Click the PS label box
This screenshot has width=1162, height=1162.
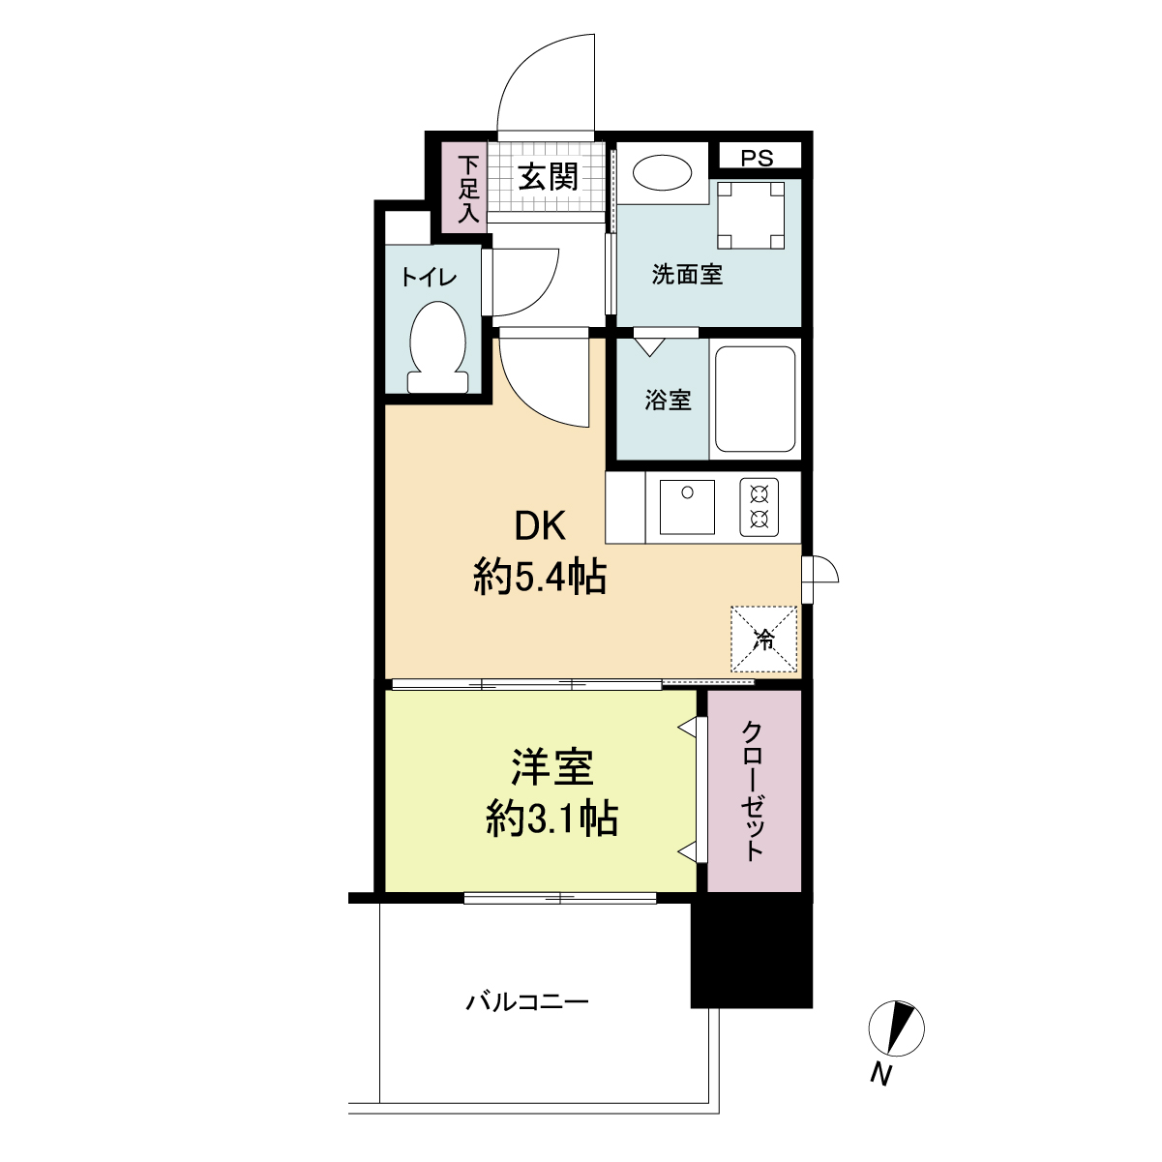click(759, 158)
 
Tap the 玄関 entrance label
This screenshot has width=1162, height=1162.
click(548, 177)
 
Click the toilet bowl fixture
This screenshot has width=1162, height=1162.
click(437, 347)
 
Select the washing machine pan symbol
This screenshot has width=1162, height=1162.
click(750, 216)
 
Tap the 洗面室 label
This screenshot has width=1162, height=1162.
click(687, 276)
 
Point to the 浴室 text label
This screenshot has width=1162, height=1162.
click(669, 400)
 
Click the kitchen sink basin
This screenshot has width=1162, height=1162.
click(687, 506)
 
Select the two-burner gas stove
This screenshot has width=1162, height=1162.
click(759, 507)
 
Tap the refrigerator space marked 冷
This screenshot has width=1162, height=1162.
click(764, 639)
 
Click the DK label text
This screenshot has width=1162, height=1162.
click(539, 526)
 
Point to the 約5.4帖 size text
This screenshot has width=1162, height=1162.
click(540, 579)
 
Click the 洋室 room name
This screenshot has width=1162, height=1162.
click(552, 768)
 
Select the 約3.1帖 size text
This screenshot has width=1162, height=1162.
click(552, 820)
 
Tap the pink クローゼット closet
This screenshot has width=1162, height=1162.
click(754, 790)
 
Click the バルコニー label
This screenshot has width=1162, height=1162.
click(527, 1001)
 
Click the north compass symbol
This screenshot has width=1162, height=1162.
click(897, 1028)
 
